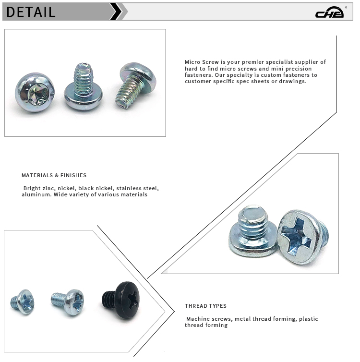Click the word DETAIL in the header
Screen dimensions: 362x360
(31, 12)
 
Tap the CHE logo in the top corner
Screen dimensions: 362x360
(329, 13)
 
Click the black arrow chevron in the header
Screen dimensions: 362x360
(116, 12)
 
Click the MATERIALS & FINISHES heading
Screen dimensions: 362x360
(54, 176)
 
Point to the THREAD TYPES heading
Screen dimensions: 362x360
(205, 306)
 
